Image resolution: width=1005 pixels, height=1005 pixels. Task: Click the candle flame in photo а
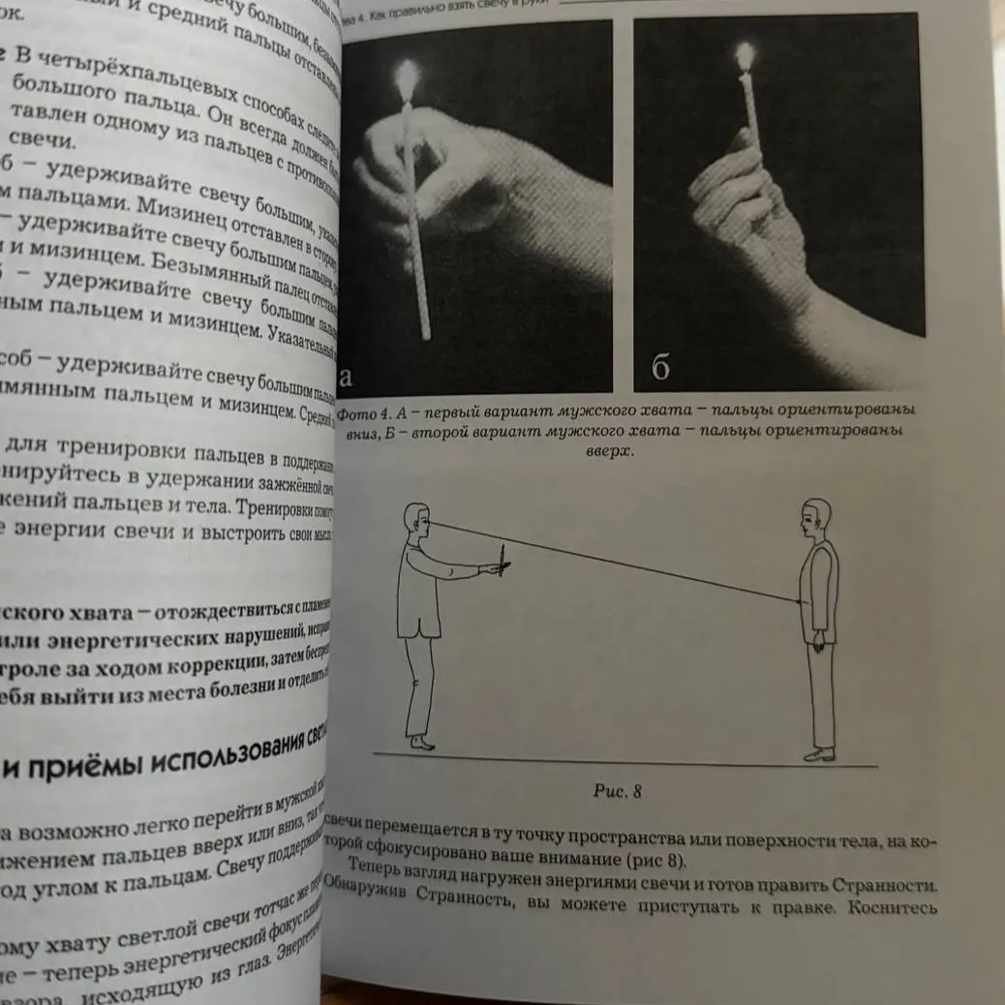[x=409, y=75]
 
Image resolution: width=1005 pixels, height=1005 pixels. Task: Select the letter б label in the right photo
[x=661, y=369]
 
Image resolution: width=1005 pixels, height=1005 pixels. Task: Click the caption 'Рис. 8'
[x=618, y=791]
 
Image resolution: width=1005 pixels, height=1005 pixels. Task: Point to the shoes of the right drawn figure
[x=818, y=753]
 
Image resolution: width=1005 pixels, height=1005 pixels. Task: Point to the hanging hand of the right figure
[x=819, y=638]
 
